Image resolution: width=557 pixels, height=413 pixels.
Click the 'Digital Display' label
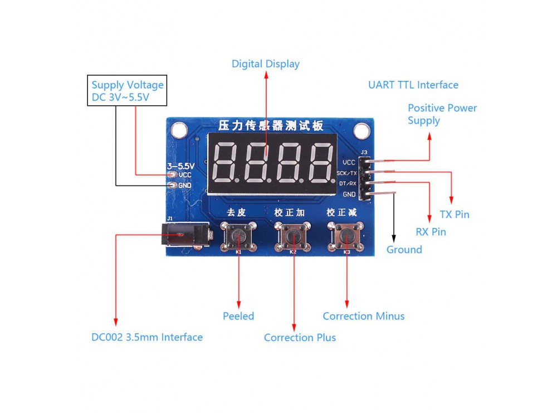pos(265,64)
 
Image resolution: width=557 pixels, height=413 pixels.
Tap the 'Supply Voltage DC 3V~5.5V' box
pos(128,92)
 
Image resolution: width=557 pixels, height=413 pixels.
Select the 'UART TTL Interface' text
pos(413,85)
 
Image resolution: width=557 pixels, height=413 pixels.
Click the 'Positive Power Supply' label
pos(442,114)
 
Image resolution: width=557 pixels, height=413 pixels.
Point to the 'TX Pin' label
pos(454,215)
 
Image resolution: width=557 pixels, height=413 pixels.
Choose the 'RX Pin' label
pos(431,232)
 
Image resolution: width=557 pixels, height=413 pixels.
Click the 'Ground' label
pos(404,250)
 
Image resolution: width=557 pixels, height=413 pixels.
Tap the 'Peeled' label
pos(238,316)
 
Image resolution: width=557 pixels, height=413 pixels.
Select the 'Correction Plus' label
pos(300,337)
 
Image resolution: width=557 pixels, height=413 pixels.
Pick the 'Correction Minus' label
pos(363,316)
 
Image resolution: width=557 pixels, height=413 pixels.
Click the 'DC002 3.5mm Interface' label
pos(146,337)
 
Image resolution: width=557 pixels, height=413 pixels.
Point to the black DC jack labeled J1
pos(183,236)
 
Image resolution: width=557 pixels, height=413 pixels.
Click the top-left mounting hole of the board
pos(179,130)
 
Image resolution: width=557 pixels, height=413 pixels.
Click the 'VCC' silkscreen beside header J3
pos(349,162)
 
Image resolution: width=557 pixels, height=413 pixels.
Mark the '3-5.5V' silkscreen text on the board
pos(180,166)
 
